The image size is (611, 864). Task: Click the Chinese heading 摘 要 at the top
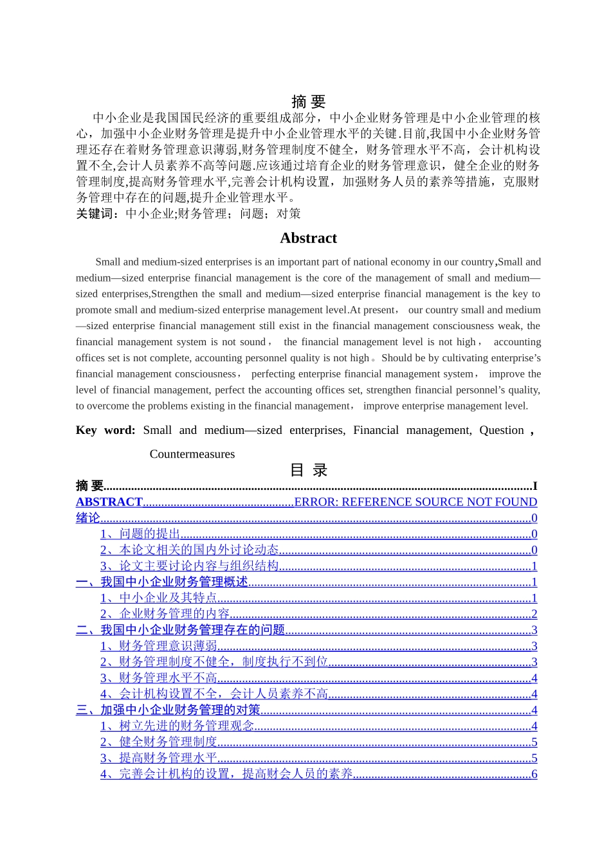click(308, 102)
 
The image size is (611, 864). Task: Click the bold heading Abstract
click(308, 238)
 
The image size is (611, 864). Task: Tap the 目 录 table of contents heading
click(309, 470)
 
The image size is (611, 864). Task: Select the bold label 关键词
click(94, 213)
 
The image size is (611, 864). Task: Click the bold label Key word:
click(105, 430)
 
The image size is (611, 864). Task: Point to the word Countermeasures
click(192, 454)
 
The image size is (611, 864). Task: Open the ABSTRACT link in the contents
click(109, 502)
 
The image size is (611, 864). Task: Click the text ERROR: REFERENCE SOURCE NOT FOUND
click(415, 502)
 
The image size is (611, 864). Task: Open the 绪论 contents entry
click(88, 518)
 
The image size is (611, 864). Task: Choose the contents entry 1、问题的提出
click(140, 534)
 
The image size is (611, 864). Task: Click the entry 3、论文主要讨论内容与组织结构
click(189, 566)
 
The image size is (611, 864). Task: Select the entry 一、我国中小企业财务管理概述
click(162, 582)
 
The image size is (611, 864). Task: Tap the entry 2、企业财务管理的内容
click(165, 614)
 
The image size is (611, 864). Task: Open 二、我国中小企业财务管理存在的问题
click(181, 630)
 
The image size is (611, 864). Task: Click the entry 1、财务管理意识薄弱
click(159, 646)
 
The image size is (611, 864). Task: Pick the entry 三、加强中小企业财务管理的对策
click(169, 710)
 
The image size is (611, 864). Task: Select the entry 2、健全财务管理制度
click(159, 742)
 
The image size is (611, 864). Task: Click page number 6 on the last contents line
click(534, 774)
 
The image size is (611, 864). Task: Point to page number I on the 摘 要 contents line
click(534, 486)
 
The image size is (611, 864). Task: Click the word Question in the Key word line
click(501, 430)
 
